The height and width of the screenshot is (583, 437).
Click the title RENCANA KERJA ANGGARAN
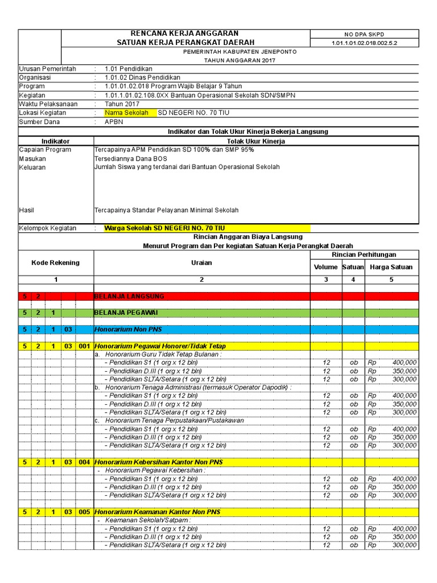pos(185,34)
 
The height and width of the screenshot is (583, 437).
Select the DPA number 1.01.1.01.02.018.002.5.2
pos(372,43)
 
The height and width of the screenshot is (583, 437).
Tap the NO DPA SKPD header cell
pos(372,34)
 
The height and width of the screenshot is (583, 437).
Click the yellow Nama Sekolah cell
pos(126,113)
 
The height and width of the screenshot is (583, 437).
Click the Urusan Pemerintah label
pos(47,69)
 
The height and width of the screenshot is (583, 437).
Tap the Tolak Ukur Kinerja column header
pos(255,141)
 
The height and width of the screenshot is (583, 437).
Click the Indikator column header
pos(56,141)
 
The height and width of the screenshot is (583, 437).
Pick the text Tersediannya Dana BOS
pos(131,159)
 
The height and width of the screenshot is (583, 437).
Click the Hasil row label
pos(27,210)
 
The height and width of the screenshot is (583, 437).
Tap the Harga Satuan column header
pos(391,267)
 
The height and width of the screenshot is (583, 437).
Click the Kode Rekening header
pos(56,262)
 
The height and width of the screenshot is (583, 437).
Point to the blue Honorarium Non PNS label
pos(127,329)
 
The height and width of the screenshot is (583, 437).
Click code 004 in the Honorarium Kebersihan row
pos(84,462)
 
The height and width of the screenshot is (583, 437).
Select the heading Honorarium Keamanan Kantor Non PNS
pos(157,512)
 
